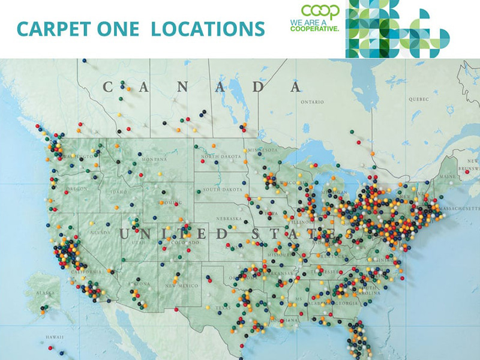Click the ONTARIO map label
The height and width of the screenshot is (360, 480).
click(x=313, y=102)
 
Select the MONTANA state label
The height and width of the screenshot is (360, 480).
click(x=154, y=159)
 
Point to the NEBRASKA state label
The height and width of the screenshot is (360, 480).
click(x=229, y=218)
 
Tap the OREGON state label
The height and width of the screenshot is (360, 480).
click(x=77, y=188)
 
